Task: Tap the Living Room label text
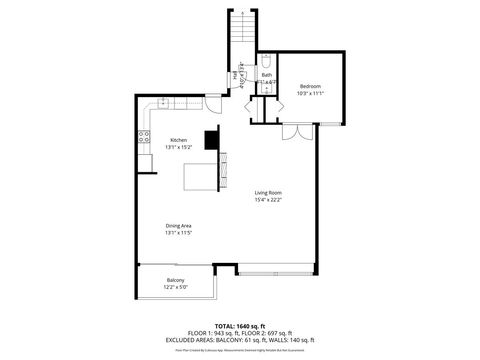click(267, 192)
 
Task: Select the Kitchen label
click(178, 139)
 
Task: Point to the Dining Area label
click(179, 226)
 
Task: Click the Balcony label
click(175, 280)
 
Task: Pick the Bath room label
click(267, 74)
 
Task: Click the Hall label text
click(236, 74)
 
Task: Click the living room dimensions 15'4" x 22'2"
click(267, 200)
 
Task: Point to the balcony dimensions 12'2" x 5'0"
click(175, 287)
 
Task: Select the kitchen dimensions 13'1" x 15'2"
click(178, 147)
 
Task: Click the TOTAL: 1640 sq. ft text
click(238, 325)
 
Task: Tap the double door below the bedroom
click(291, 133)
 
